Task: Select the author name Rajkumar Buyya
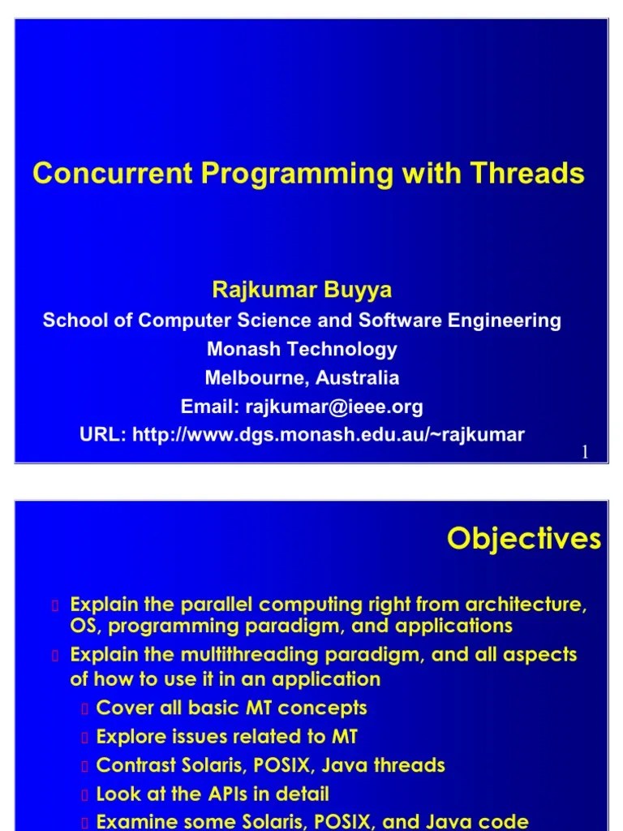click(302, 290)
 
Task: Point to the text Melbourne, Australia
click(302, 377)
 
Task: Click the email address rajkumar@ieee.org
click(333, 406)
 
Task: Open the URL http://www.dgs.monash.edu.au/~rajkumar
click(328, 435)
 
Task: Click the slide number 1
click(584, 453)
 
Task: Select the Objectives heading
click(524, 539)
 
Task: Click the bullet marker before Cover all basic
click(84, 709)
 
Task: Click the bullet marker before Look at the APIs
click(84, 795)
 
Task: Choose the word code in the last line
click(508, 821)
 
